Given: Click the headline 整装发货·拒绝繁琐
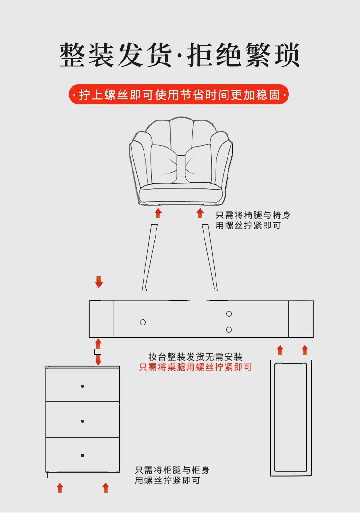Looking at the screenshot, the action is point(180,55).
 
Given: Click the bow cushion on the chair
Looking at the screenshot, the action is point(180,164).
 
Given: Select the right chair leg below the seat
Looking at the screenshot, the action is point(210,257).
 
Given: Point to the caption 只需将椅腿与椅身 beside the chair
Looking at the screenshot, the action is point(252,216).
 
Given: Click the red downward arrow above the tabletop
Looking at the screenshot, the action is point(99,282).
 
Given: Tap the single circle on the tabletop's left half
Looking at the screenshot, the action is point(143,322).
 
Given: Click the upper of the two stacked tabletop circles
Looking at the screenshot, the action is point(229,313).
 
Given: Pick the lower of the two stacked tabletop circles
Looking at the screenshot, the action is point(229,330).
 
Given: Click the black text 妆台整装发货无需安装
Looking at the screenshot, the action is point(195,357).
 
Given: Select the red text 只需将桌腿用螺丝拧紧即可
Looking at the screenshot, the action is point(195,367).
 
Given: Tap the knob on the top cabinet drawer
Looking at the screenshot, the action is point(82,386).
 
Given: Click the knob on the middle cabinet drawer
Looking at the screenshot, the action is point(82,421).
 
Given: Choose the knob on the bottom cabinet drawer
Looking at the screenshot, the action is point(82,455).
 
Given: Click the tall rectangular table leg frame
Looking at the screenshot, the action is point(290,418).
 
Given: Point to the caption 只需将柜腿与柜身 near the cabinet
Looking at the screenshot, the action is point(172,470).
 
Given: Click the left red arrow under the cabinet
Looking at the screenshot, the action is point(60,488).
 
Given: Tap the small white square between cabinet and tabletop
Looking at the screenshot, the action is point(98,352).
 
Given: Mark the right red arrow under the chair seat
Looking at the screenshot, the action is point(200,213).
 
